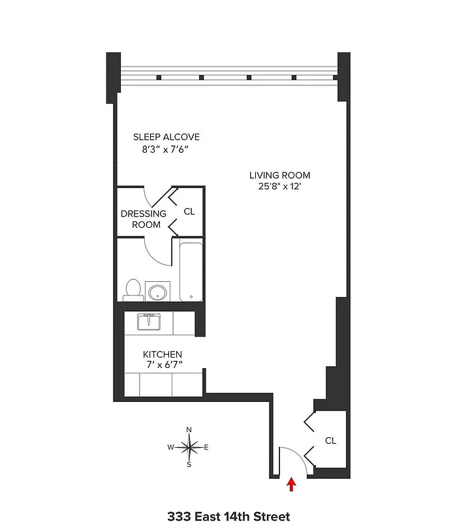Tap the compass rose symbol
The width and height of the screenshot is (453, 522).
pyautogui.click(x=189, y=448)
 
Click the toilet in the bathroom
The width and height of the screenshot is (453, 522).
pyautogui.click(x=133, y=290)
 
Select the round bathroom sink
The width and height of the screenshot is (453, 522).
pyautogui.click(x=157, y=291)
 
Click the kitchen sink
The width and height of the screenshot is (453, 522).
pyautogui.click(x=149, y=321)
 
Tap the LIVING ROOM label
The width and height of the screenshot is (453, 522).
pyautogui.click(x=279, y=175)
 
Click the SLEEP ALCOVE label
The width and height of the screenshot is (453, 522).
pyautogui.click(x=166, y=137)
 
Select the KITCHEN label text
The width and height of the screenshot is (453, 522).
pyautogui.click(x=163, y=354)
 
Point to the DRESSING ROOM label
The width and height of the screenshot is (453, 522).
pyautogui.click(x=144, y=219)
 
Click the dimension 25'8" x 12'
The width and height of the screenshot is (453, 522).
pyautogui.click(x=279, y=187)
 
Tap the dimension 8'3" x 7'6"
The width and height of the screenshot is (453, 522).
pyautogui.click(x=166, y=149)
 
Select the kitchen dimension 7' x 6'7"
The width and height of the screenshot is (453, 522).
pyautogui.click(x=163, y=365)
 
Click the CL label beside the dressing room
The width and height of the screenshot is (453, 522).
pyautogui.click(x=189, y=211)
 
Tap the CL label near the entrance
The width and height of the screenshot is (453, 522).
pyautogui.click(x=330, y=440)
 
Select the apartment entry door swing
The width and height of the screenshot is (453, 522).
pyautogui.click(x=292, y=461)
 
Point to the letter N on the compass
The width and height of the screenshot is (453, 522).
pyautogui.click(x=189, y=429)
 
